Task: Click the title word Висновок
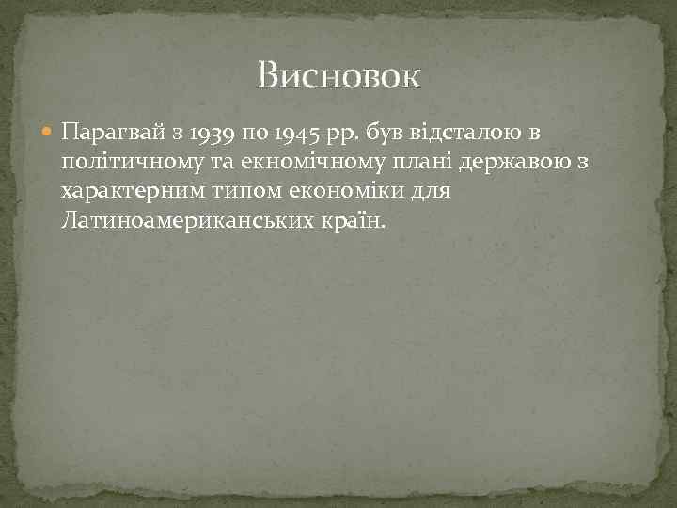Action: tap(338, 75)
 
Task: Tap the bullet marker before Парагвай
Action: tap(48, 134)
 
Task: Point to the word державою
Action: tap(508, 163)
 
